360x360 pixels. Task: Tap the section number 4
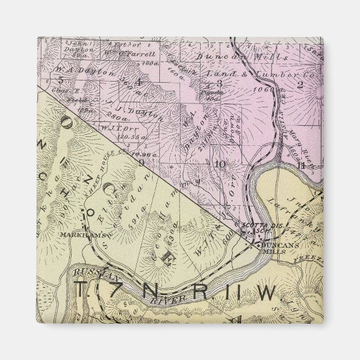click(139, 84)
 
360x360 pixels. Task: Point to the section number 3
click(220, 84)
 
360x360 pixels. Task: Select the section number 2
click(300, 85)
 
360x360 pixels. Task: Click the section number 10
click(220, 164)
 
